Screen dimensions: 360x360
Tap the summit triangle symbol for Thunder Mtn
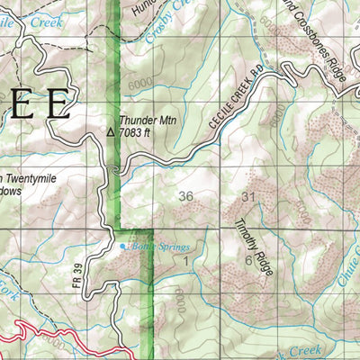point(111,131)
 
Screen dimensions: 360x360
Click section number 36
point(186,196)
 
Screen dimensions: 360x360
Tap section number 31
point(249,196)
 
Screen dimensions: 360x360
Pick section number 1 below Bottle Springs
point(186,260)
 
